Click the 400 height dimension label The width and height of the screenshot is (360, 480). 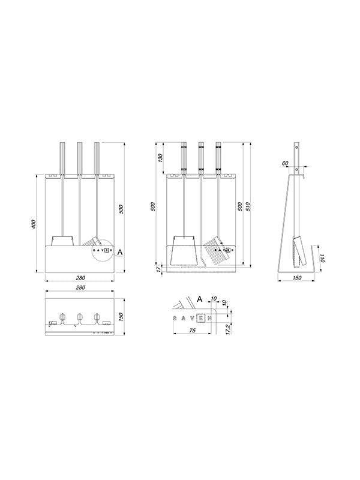(x=34, y=224)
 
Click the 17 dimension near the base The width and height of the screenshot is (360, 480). (x=158, y=271)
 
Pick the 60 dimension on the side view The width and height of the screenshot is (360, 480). (x=285, y=163)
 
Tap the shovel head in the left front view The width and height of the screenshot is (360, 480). (x=63, y=241)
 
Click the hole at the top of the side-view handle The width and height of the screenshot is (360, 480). (x=296, y=146)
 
